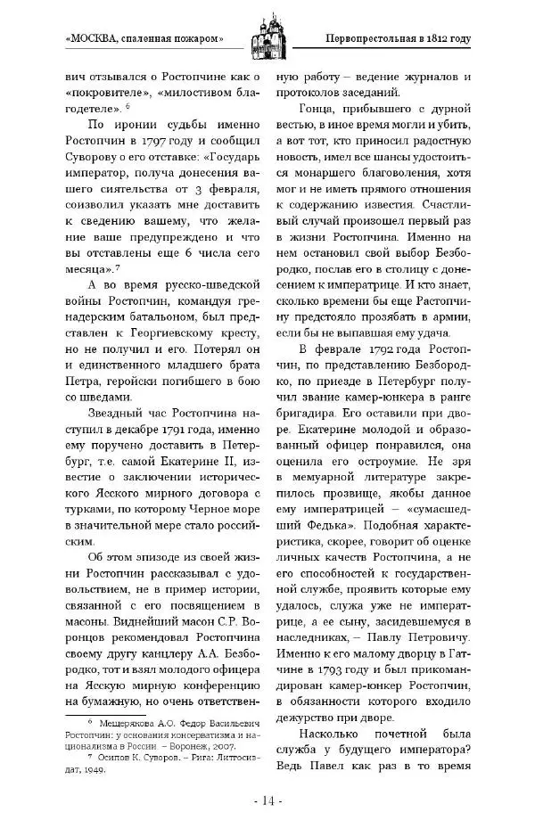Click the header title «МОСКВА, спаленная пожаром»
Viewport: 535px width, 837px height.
[x=144, y=38]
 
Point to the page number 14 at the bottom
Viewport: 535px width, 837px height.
[x=267, y=800]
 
